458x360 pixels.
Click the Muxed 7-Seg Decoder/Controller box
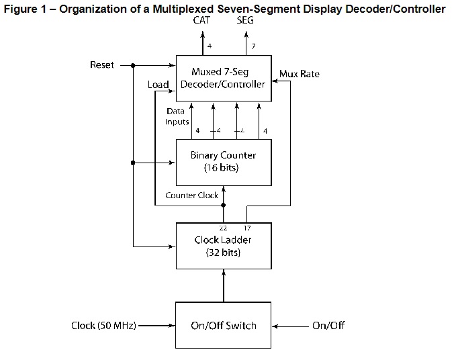(224, 78)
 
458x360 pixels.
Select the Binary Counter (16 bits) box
(224, 162)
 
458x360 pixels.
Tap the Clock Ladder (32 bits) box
(224, 246)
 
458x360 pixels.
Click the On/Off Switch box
(224, 325)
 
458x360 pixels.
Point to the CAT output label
(201, 20)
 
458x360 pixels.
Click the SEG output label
(245, 20)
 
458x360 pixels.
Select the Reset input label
(101, 65)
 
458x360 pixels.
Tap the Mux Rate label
(299, 74)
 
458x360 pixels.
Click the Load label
(158, 85)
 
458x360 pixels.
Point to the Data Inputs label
(176, 117)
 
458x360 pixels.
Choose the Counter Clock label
(191, 195)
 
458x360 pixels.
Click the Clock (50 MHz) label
(103, 326)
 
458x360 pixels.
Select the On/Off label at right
(328, 326)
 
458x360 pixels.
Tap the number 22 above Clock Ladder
(223, 228)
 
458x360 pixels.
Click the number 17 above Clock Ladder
(247, 228)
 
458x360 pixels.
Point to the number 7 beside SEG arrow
(254, 46)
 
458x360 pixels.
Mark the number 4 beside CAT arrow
(210, 46)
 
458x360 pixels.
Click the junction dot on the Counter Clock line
(224, 206)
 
